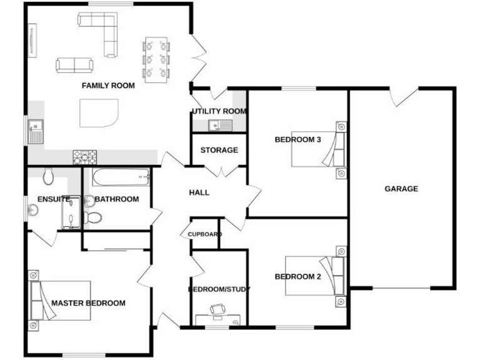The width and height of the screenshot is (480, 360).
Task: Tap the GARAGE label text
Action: coord(401,189)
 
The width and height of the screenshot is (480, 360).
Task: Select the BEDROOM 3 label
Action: coord(297,139)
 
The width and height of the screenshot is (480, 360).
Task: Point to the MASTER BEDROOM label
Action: coord(88,303)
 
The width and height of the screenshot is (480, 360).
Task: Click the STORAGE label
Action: coord(219,150)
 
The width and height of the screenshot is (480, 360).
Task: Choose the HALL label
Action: coord(199,192)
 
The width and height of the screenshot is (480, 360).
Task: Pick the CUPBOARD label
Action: coord(204,234)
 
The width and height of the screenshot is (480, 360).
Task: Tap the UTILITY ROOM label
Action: coord(219,111)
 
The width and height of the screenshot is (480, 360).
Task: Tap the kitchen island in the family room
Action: coord(99,113)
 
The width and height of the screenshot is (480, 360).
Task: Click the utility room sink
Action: coord(219,126)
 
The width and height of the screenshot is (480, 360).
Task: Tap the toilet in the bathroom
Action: coord(93,218)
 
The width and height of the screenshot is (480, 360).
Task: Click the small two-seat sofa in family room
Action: coord(74,64)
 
